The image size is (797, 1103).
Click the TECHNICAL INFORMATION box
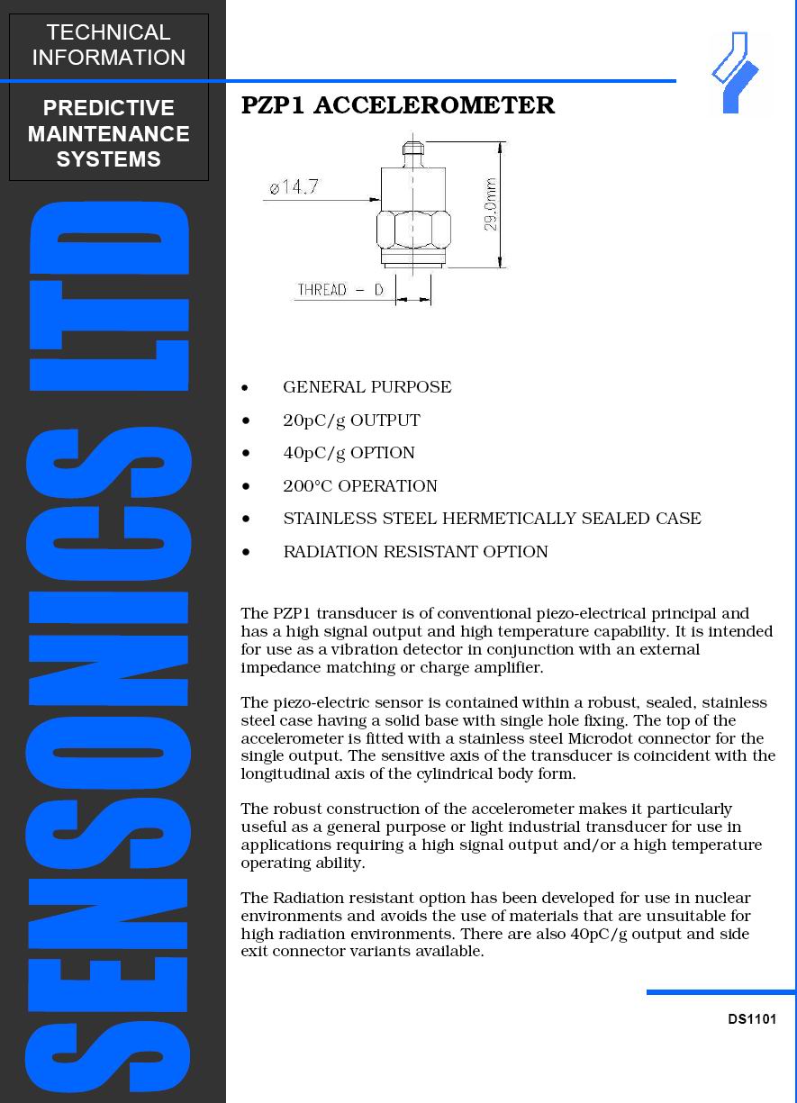[x=109, y=45]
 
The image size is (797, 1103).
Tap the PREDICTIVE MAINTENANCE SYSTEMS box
[x=109, y=133]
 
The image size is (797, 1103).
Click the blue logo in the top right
[x=737, y=72]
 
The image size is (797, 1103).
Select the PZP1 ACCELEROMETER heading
[x=398, y=105]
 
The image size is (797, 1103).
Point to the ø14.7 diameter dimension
[x=294, y=187]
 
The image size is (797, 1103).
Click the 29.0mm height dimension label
[x=492, y=204]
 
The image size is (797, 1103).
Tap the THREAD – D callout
[x=340, y=290]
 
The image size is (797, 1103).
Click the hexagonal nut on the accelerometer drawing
[x=412, y=231]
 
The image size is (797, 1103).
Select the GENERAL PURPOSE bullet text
[x=367, y=387]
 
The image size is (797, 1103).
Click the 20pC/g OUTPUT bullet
[x=351, y=420]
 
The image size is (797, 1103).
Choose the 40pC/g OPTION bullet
[x=349, y=453]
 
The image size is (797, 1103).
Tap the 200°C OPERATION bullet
[x=360, y=486]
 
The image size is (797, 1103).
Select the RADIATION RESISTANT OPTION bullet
[x=415, y=552]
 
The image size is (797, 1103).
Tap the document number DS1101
[x=752, y=1019]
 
